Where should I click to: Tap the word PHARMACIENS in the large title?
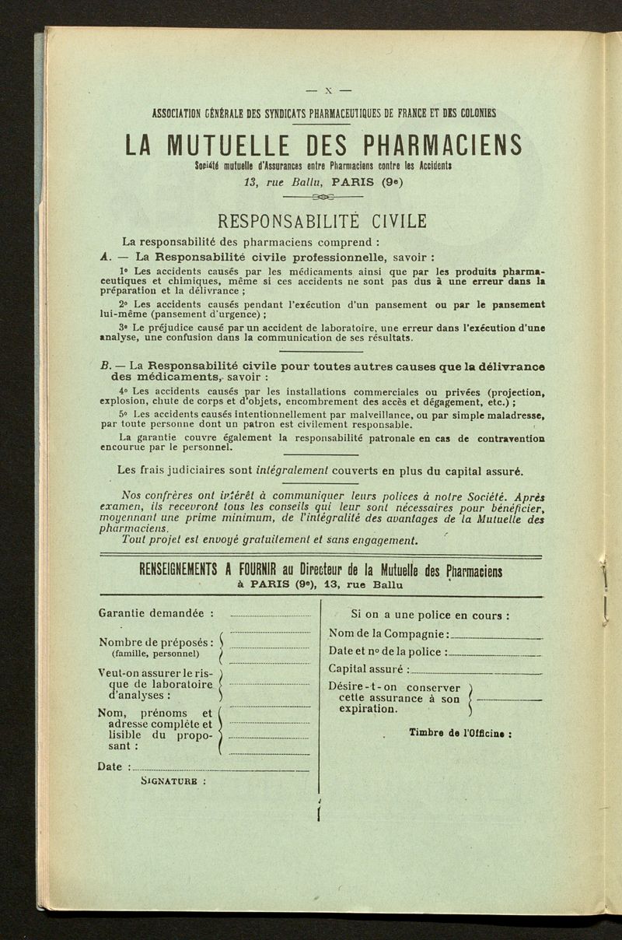[x=441, y=146]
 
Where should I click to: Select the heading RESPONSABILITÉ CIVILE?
[x=323, y=221]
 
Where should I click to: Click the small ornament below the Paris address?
[x=323, y=198]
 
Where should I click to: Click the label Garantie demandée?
[x=151, y=612]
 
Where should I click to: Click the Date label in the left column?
[x=111, y=766]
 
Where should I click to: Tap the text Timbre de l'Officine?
[x=460, y=733]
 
